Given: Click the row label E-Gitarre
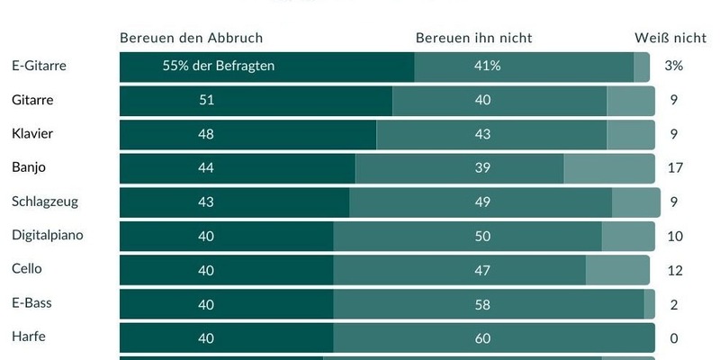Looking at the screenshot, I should [40, 66].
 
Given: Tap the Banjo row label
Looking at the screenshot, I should [29, 166].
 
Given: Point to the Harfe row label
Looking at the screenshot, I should [28, 337].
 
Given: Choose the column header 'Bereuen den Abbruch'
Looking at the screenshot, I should [191, 38].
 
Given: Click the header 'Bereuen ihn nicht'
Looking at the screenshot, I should [473, 38].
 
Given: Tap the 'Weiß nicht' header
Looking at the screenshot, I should [670, 38].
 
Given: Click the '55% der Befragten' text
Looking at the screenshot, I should [219, 66].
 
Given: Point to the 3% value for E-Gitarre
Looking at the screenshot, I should [674, 66].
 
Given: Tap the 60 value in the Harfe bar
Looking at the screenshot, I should [483, 337].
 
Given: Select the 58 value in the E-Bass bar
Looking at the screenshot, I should [483, 304].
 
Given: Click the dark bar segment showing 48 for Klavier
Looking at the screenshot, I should [206, 133].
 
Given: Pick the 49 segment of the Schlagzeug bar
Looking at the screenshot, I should [483, 202].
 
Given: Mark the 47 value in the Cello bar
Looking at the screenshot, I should [483, 269].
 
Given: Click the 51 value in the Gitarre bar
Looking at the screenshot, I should [206, 100].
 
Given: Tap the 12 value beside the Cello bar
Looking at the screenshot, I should [675, 270].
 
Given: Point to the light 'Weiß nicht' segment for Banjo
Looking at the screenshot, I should [609, 167].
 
